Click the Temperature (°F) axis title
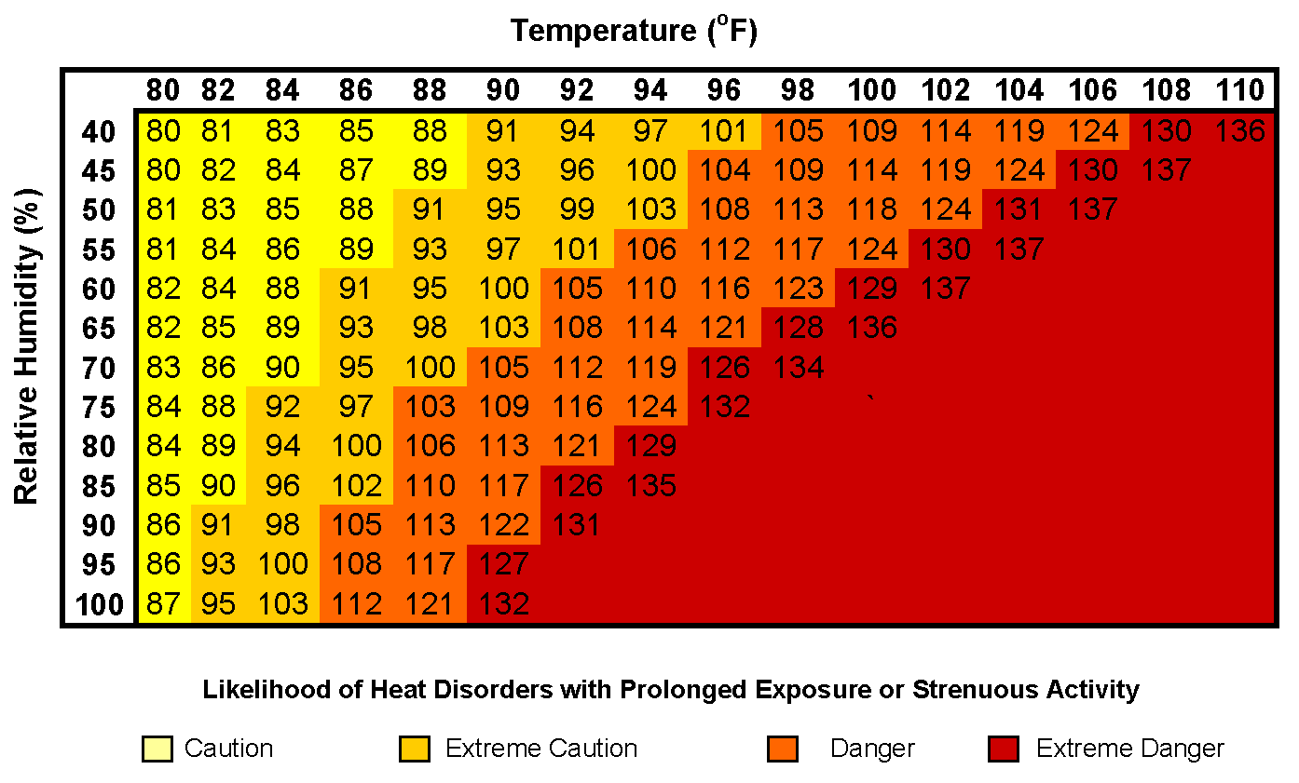(x=633, y=31)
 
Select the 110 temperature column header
(x=1240, y=90)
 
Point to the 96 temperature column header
(x=724, y=90)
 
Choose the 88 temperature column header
(x=430, y=90)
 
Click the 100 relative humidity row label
(x=99, y=605)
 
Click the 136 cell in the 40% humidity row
(x=1240, y=131)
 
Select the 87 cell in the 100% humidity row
(x=164, y=604)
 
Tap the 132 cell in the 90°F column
(x=503, y=604)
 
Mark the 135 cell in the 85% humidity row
(x=650, y=486)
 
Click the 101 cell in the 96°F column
(x=724, y=131)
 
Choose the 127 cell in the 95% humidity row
(x=503, y=564)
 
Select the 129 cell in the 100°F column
(x=872, y=290)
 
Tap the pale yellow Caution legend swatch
(x=157, y=749)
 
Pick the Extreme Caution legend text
(x=541, y=749)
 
